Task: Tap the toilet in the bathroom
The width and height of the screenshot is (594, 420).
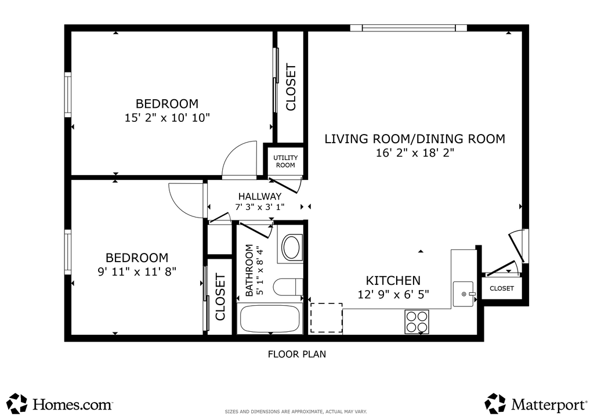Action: coord(288,287)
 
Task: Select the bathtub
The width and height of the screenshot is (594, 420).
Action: coord(270,318)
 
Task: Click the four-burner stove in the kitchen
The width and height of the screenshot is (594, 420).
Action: coord(416,321)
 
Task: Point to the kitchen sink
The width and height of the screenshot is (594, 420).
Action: coord(463,294)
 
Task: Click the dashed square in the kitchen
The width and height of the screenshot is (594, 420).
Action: coord(327,318)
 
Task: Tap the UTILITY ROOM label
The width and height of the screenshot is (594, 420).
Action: coord(285,161)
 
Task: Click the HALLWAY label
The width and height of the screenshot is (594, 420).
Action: coord(260,196)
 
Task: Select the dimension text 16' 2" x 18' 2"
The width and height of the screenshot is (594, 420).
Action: coord(415,153)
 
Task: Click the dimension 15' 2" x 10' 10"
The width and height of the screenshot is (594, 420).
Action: coord(167,118)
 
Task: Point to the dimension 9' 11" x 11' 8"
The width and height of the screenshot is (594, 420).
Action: coord(137,271)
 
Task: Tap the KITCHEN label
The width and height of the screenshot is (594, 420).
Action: coord(393,281)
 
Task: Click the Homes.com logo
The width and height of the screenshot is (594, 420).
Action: coord(60,404)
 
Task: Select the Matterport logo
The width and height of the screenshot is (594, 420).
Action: coord(535,404)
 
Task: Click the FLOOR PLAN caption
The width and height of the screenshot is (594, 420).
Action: coord(297,354)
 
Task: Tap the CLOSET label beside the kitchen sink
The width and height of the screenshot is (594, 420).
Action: coord(502,288)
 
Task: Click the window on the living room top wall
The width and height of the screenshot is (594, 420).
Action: coord(408,28)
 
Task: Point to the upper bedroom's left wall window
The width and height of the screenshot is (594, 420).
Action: coord(68,95)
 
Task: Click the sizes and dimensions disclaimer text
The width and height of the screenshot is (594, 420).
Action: coord(296,412)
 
